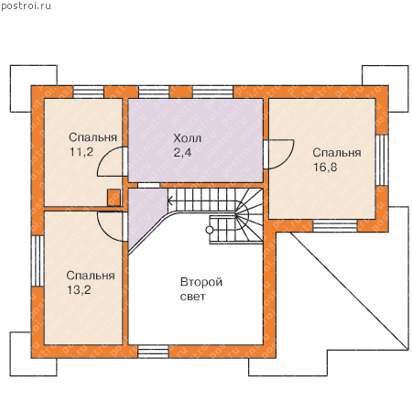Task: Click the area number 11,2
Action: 81,152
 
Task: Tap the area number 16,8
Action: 325,167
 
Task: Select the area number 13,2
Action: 79,290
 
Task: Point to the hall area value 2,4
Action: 182,152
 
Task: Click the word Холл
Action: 187,138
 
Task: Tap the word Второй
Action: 201,282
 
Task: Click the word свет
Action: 193,297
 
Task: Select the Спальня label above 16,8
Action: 337,153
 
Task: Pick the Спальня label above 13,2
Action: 91,276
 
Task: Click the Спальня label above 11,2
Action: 92,137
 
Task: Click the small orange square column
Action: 114,198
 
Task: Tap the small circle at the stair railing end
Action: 210,230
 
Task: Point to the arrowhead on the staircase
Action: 170,201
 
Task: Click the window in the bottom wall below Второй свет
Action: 153,352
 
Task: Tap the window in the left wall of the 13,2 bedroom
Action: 38,261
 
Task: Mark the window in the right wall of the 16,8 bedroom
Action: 382,160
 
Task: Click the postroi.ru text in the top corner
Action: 26,5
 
